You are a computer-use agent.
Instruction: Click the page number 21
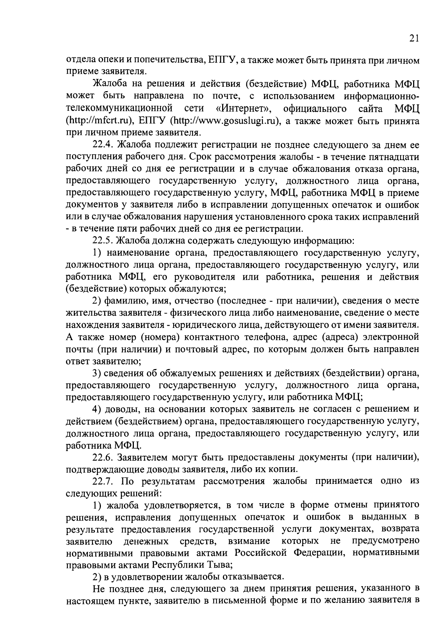415,39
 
